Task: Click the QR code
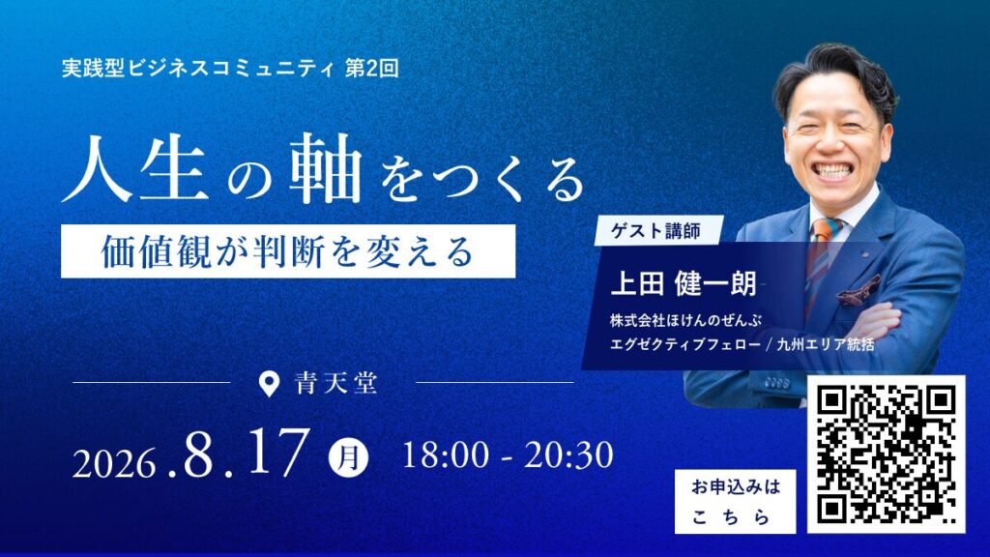point(886,454)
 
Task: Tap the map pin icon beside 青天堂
point(269,383)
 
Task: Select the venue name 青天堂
point(335,383)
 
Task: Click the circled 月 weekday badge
point(348,457)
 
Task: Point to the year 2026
point(114,464)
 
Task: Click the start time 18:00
point(445,455)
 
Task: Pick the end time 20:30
point(568,455)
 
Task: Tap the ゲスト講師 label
point(656,231)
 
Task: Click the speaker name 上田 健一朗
point(684,283)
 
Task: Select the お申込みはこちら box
point(736,502)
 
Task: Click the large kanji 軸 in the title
point(326,168)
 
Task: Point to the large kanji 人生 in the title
point(135,168)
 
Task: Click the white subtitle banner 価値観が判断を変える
point(288,251)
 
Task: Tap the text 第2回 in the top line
point(372,69)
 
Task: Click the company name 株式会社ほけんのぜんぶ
point(685,320)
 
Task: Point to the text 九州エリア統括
point(826,344)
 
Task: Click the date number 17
point(278,453)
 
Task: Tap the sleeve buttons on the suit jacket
point(777,383)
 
